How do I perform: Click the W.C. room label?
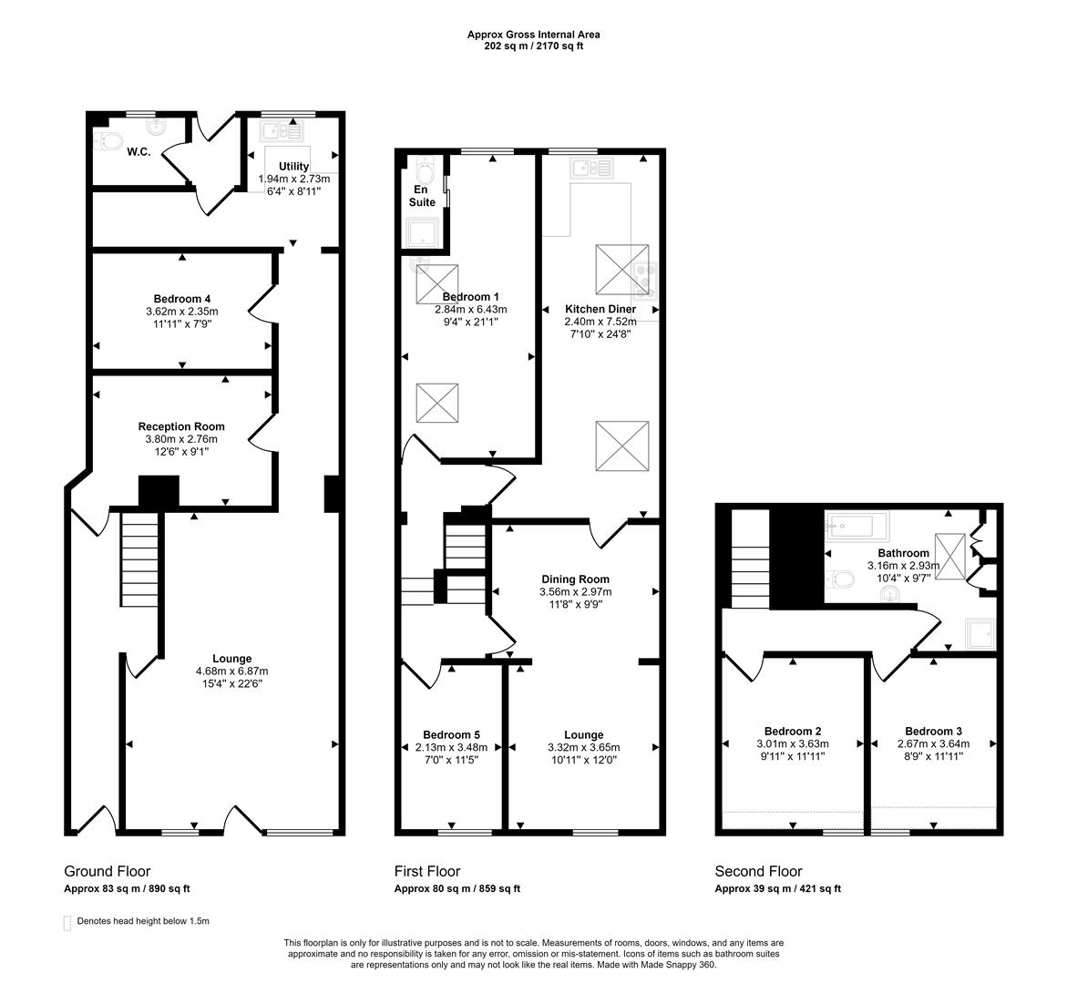click(139, 152)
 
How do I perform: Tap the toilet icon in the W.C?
click(108, 141)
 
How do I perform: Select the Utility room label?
click(293, 167)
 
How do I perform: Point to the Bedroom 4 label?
click(182, 299)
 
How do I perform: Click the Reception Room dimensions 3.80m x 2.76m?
click(181, 439)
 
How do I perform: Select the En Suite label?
click(421, 196)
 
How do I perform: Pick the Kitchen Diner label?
click(600, 310)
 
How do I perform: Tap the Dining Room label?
click(575, 579)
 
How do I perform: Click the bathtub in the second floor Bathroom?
click(856, 526)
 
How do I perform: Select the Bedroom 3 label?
click(933, 731)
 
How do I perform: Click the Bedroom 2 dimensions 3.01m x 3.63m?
click(793, 743)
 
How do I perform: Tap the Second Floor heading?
click(758, 872)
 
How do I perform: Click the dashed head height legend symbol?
click(67, 922)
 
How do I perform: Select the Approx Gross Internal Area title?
click(533, 35)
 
